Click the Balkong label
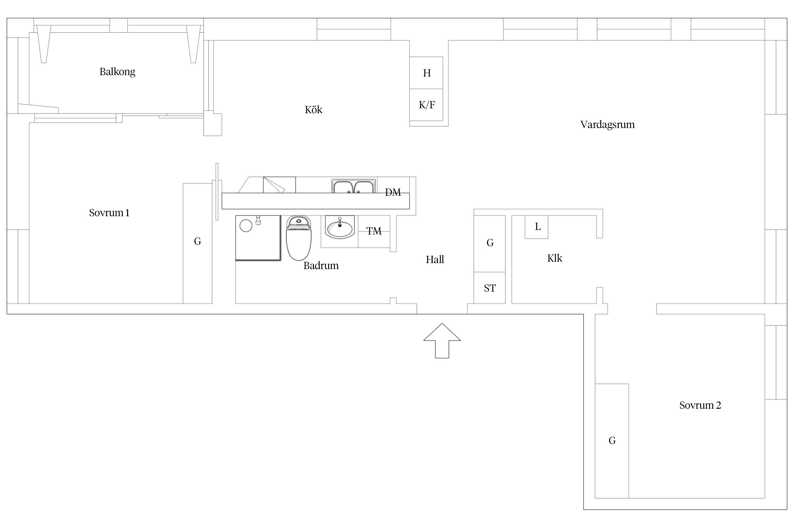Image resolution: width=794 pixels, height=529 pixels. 117,72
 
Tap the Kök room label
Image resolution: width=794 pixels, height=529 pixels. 313,110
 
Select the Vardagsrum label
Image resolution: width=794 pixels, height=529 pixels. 607,124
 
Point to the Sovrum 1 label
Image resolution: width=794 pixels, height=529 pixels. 109,213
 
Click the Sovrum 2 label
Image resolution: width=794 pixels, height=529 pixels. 700,405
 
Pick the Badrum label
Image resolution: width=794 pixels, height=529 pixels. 321,266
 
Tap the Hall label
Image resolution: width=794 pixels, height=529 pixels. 435,260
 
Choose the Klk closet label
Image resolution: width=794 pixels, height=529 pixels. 554,258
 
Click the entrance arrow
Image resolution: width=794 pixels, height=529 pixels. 442,341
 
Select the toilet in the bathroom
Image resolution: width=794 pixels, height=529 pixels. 299,238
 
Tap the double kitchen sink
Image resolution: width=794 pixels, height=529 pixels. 353,187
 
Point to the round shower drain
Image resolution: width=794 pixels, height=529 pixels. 246,226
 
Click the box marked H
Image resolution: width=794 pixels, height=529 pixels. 426,73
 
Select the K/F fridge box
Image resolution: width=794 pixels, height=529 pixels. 426,105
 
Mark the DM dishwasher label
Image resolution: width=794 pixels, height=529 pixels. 393,192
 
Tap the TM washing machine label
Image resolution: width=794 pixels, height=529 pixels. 374,231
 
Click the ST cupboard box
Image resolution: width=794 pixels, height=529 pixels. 489,288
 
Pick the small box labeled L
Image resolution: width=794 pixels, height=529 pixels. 536,227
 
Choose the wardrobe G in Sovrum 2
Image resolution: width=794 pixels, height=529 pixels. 612,441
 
